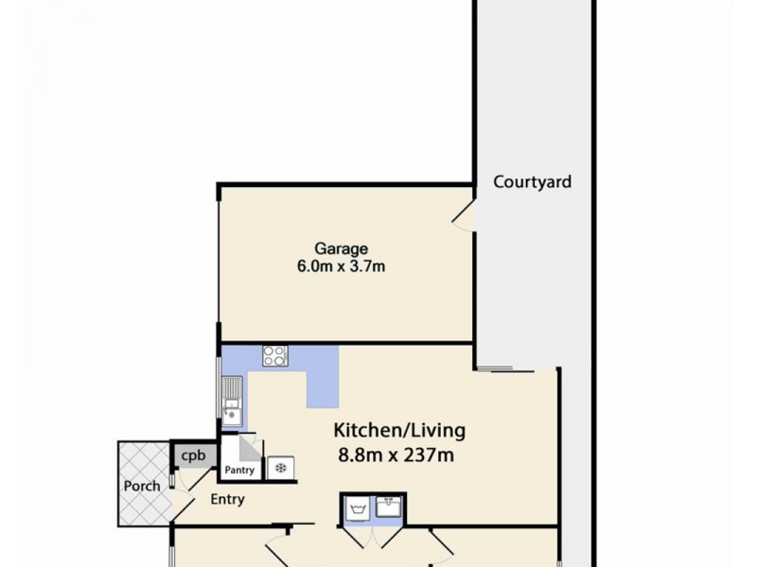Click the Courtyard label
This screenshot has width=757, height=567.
[x=532, y=182]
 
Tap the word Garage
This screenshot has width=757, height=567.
[x=341, y=249]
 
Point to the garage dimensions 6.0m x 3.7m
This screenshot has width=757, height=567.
[x=341, y=266]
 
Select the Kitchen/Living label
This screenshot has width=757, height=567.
[x=399, y=431]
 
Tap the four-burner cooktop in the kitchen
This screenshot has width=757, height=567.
[x=275, y=356]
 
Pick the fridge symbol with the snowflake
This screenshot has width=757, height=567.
[x=281, y=467]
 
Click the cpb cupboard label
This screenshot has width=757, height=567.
[x=193, y=455]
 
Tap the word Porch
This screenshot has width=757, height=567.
[x=141, y=487]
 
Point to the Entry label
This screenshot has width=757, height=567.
[x=228, y=500]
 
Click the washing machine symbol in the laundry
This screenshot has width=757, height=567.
[x=358, y=510]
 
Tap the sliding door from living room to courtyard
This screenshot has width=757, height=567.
[x=494, y=368]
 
